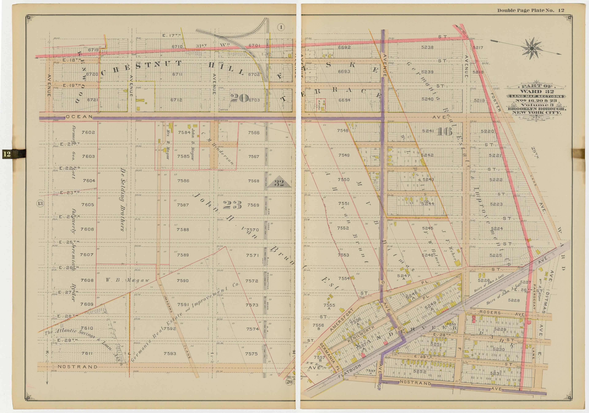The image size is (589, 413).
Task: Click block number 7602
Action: (x=88, y=132)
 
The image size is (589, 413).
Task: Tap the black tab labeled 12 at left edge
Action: (x=7, y=154)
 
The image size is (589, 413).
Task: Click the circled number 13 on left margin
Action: (x=40, y=204)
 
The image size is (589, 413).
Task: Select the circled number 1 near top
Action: (x=281, y=27)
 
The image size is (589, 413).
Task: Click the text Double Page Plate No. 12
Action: (x=531, y=10)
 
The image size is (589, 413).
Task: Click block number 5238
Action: (x=427, y=47)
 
